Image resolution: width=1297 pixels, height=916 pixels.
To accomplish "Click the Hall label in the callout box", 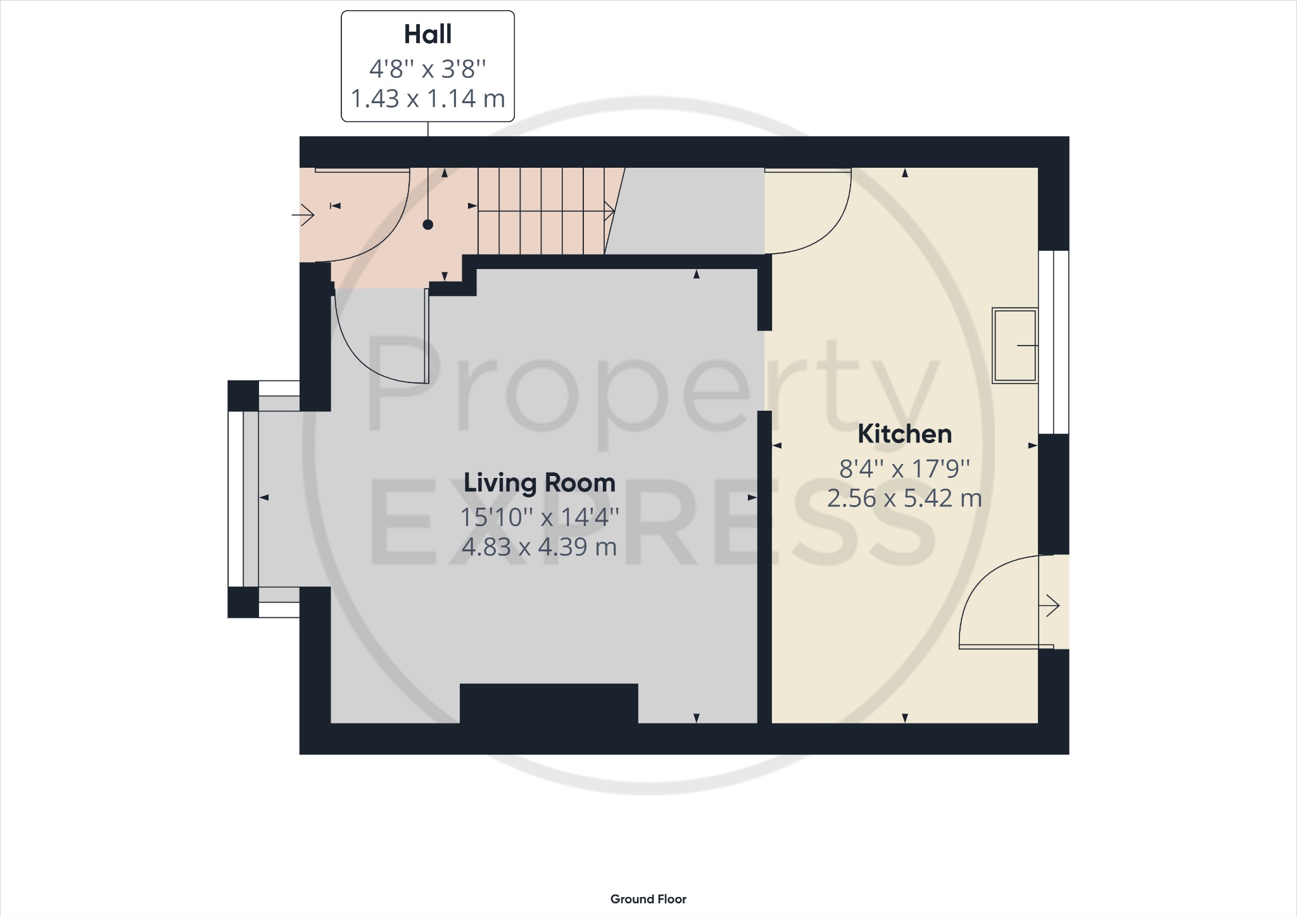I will pyautogui.click(x=427, y=34).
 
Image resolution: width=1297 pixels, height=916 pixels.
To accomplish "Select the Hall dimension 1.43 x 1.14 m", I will pyautogui.click(x=427, y=99).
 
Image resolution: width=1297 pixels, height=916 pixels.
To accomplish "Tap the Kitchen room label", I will pyautogui.click(x=904, y=434).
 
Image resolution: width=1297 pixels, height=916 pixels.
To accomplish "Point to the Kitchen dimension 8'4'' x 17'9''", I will pyautogui.click(x=904, y=468).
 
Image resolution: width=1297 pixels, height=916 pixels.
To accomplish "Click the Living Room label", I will pyautogui.click(x=539, y=483).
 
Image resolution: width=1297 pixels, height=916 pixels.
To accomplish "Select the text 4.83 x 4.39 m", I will pyautogui.click(x=539, y=547).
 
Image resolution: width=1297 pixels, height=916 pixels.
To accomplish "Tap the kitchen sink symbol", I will pyautogui.click(x=1014, y=346).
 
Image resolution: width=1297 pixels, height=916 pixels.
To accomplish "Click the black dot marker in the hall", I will pyautogui.click(x=427, y=225).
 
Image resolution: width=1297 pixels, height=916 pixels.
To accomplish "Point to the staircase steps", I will pyautogui.click(x=541, y=211).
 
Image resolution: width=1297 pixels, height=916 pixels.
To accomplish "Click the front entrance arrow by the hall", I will pyautogui.click(x=304, y=215).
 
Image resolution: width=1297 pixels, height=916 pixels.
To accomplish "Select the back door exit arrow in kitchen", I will pyautogui.click(x=1051, y=606).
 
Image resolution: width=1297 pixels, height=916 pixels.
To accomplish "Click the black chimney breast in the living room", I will pyautogui.click(x=548, y=703).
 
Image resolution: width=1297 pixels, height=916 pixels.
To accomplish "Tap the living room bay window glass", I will pyautogui.click(x=235, y=499).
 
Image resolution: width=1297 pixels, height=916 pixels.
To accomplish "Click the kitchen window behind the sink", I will pyautogui.click(x=1053, y=342).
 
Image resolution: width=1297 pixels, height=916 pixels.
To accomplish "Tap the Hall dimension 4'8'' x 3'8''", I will pyautogui.click(x=427, y=68).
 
